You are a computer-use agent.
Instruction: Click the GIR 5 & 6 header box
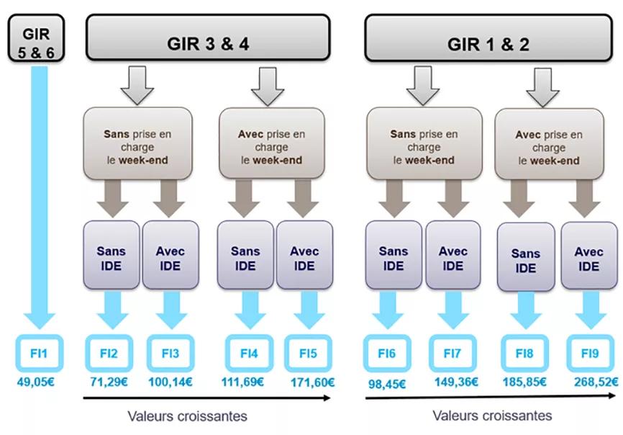(36, 38)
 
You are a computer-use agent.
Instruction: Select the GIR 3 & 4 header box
(208, 37)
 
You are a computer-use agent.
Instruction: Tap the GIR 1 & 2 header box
(488, 37)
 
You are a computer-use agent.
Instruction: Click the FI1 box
(39, 353)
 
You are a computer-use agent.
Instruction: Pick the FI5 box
(308, 353)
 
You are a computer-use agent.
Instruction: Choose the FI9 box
(590, 353)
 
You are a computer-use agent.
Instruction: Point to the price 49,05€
(36, 382)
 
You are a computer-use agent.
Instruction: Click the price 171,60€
(313, 382)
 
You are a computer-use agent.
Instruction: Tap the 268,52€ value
(596, 382)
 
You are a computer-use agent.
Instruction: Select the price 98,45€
(387, 384)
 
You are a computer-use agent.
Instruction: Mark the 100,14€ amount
(170, 382)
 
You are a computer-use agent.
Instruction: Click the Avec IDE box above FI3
(170, 255)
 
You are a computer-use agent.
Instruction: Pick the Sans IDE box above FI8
(526, 257)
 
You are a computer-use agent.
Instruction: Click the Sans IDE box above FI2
(112, 255)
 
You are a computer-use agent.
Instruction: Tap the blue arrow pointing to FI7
(453, 310)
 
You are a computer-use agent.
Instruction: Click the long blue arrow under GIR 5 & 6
(40, 197)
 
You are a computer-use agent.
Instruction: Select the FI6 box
(387, 353)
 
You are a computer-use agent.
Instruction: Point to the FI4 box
(249, 353)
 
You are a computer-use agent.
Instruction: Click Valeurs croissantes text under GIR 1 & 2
(492, 416)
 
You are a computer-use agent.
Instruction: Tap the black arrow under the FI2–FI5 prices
(206, 398)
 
